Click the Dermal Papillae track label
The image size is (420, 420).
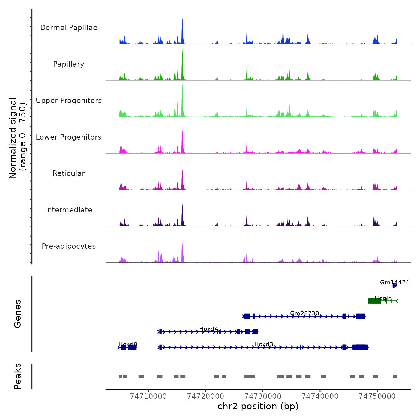69,28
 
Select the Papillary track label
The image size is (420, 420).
69,64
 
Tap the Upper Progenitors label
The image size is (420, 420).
69,100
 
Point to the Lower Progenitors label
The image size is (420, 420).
69,137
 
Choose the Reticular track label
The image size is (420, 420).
69,173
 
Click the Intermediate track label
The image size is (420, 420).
69,210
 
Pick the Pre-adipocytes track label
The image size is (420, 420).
69,246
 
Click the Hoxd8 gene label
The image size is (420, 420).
128,344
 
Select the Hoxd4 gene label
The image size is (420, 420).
208,329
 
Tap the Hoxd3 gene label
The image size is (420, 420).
264,344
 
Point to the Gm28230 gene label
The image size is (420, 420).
304,313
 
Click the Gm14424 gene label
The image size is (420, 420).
394,282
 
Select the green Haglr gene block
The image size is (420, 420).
374,301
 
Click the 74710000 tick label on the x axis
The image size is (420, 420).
148,396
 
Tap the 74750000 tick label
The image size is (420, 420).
377,396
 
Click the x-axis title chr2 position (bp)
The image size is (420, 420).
258,406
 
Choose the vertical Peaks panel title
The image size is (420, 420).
18,376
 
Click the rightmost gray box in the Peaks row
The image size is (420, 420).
395,376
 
